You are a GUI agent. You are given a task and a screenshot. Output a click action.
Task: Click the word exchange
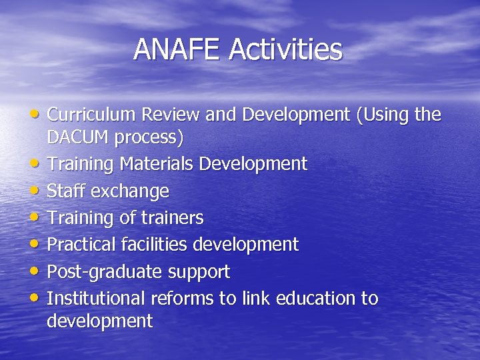[x=130, y=191]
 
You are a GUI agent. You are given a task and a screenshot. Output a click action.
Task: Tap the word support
[x=199, y=272]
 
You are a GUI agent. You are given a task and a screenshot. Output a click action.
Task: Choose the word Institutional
[x=97, y=298]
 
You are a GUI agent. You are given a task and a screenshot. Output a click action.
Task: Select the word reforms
[x=179, y=298]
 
